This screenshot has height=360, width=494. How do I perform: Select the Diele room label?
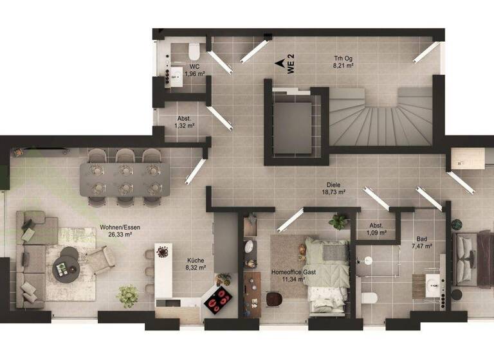pos(333,184)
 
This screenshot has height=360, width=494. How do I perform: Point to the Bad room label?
pos(421,237)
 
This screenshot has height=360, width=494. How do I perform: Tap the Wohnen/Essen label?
pos(116,227)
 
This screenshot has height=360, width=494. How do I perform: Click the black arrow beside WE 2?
pos(280,63)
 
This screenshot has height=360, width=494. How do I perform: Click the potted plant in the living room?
pos(127,295)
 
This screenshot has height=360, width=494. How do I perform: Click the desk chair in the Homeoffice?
pos(275,300)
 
